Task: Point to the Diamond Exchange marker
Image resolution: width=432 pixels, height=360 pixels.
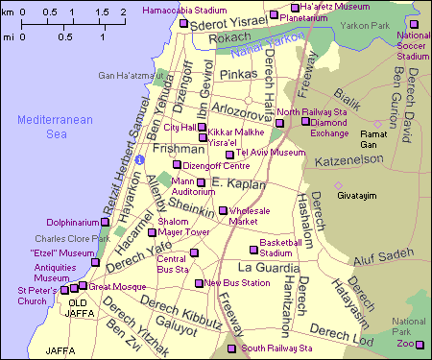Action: coord(305,122)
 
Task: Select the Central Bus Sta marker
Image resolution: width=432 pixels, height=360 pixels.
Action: coord(195,253)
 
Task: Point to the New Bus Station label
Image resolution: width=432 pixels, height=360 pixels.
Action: coord(238,283)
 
